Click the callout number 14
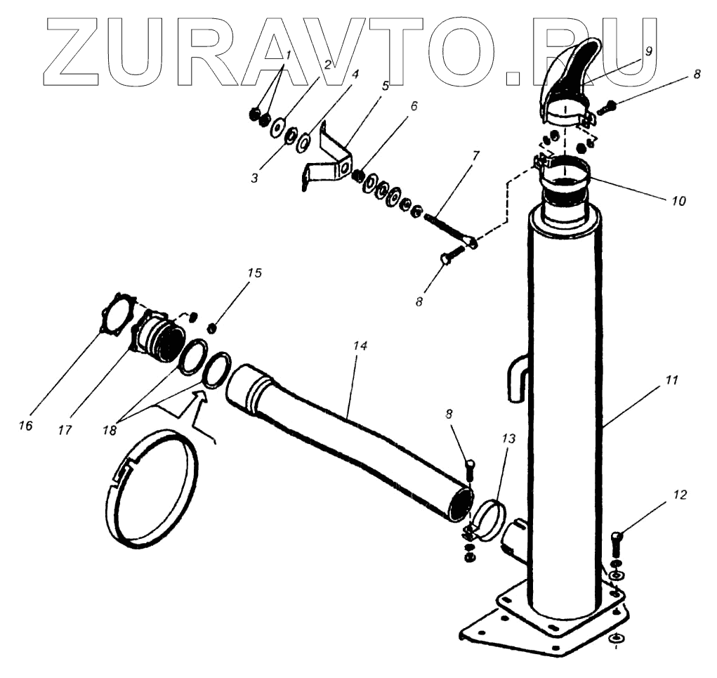pyautogui.click(x=360, y=347)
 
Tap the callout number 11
pyautogui.click(x=671, y=380)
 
